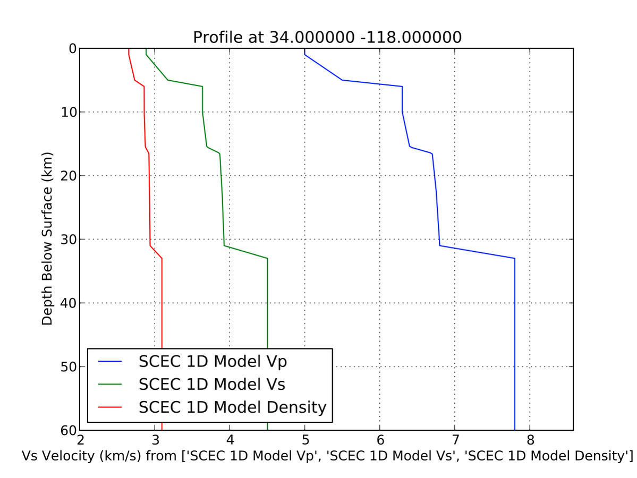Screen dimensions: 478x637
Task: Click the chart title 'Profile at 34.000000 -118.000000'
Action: [x=327, y=38]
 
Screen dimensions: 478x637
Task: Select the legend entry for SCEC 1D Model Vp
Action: [x=213, y=361]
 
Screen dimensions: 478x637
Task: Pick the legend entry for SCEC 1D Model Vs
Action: [x=213, y=384]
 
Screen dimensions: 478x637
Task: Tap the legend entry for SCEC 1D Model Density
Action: [x=232, y=407]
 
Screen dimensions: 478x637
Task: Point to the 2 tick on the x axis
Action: [x=80, y=440]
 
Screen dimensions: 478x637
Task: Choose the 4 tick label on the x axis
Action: [x=230, y=440]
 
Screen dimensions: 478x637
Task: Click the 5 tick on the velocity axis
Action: [x=305, y=440]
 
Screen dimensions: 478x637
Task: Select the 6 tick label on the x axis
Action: [x=380, y=440]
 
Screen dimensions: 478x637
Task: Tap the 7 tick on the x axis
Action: [x=455, y=440]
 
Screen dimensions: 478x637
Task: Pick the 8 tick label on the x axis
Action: [x=530, y=440]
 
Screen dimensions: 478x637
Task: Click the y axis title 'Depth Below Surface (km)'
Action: [x=48, y=239]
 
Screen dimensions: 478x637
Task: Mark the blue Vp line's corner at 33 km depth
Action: [x=515, y=258]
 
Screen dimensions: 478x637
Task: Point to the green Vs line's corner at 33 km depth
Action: [x=267, y=258]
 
